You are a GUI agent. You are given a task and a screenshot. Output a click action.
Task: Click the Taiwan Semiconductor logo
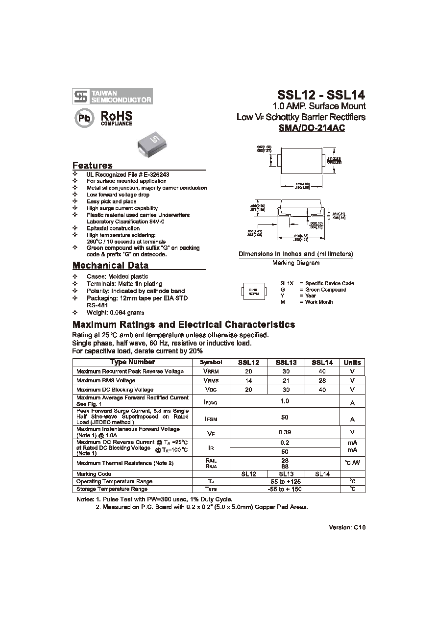(x=112, y=96)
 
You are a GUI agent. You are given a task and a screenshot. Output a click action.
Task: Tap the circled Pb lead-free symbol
(x=84, y=119)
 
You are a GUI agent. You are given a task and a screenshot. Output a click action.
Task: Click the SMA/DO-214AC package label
(x=312, y=128)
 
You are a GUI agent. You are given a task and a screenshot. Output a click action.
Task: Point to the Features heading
(x=93, y=165)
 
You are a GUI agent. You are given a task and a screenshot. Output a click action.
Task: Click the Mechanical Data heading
(x=110, y=266)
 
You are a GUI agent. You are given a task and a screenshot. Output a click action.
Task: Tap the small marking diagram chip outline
(x=253, y=292)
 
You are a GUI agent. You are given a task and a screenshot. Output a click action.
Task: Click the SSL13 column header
(x=286, y=363)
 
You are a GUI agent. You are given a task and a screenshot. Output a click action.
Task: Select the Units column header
(x=352, y=363)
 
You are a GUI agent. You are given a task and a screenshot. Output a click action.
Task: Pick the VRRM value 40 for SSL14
(x=322, y=371)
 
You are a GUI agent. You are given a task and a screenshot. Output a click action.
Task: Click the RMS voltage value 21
(x=286, y=380)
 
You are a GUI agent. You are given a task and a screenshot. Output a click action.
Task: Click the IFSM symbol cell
(x=211, y=419)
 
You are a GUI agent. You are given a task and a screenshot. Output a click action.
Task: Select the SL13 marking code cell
(x=286, y=474)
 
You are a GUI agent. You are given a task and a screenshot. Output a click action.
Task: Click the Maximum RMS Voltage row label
(x=106, y=380)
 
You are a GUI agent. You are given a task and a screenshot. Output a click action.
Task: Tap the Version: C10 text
(x=347, y=527)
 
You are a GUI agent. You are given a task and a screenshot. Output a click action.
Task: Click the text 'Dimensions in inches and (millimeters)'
(x=296, y=254)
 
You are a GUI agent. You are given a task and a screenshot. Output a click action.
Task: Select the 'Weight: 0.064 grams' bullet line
(x=116, y=312)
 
